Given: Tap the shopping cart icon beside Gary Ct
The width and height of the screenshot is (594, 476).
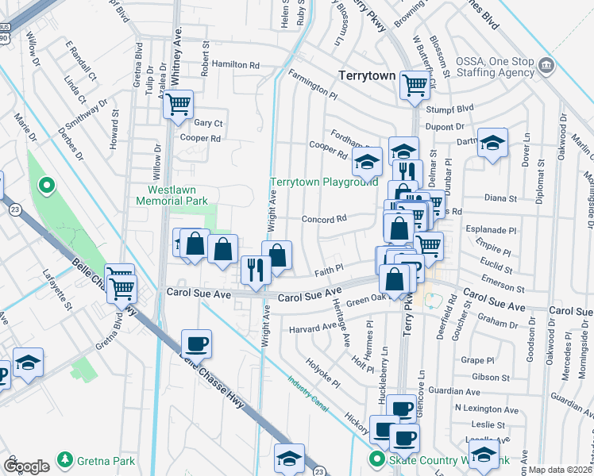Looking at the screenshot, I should point(179,103).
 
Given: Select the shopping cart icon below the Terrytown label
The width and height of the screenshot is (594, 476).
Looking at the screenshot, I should point(414,83).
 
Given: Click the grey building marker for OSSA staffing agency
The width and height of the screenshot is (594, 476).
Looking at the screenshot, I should point(546,64).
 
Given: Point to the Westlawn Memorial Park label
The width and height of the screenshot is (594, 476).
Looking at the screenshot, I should point(177,195).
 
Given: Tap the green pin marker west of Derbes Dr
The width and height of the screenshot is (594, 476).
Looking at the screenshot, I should point(46,186).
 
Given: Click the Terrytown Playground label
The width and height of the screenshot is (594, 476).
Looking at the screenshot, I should point(323,182).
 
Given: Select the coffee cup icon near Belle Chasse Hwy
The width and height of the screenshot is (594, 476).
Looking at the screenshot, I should point(195,344).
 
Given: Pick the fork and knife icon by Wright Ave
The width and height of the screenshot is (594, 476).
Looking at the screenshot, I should point(255,270).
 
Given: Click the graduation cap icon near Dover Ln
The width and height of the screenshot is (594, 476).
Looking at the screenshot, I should point(492,144).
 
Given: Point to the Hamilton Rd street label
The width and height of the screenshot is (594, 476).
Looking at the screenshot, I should point(235,65).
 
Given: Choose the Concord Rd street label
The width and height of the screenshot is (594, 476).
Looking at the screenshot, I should point(324,218).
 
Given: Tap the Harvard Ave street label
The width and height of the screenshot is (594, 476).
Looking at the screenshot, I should point(313,327).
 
